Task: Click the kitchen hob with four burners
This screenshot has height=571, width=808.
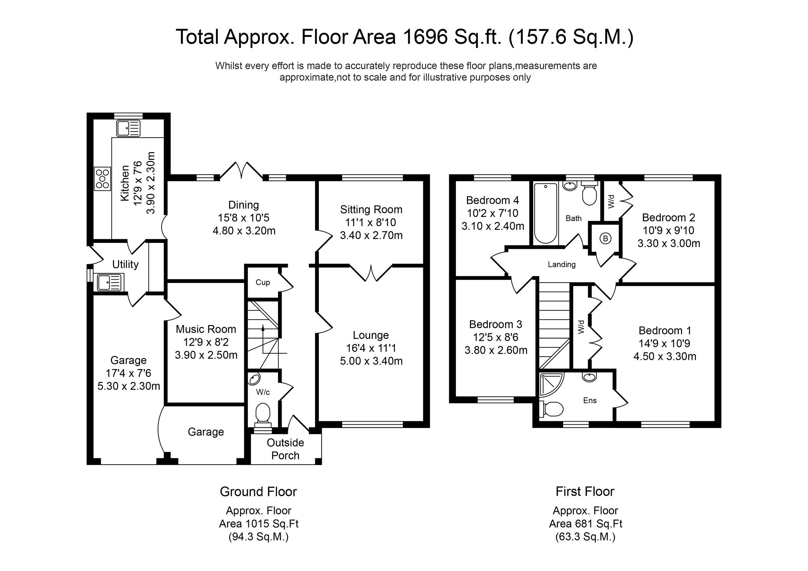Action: (102, 178)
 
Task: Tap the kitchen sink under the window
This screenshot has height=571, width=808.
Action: (129, 128)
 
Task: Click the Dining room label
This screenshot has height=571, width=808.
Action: (243, 205)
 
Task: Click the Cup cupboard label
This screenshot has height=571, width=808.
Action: (263, 282)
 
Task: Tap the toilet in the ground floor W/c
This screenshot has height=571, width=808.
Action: (263, 413)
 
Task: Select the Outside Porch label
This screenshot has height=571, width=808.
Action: (285, 449)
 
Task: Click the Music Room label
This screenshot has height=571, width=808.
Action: (206, 329)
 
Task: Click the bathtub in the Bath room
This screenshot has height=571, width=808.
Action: (545, 213)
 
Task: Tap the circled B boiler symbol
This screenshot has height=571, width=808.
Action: (605, 239)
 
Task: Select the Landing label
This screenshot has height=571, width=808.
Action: (561, 264)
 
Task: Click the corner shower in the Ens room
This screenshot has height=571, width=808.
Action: (550, 384)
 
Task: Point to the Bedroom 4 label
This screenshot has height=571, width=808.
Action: (492, 200)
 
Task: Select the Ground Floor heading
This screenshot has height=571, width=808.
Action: (258, 492)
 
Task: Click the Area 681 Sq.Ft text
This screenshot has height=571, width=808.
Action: (585, 524)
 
